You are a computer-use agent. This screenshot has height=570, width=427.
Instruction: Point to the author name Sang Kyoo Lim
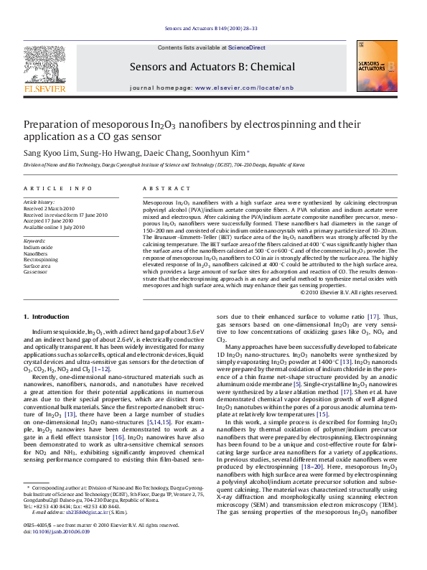48,153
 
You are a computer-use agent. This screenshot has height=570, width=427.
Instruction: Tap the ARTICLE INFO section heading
58,188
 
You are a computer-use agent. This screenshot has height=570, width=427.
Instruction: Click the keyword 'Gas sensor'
37,271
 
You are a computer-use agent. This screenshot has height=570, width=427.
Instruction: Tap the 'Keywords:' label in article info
35,240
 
